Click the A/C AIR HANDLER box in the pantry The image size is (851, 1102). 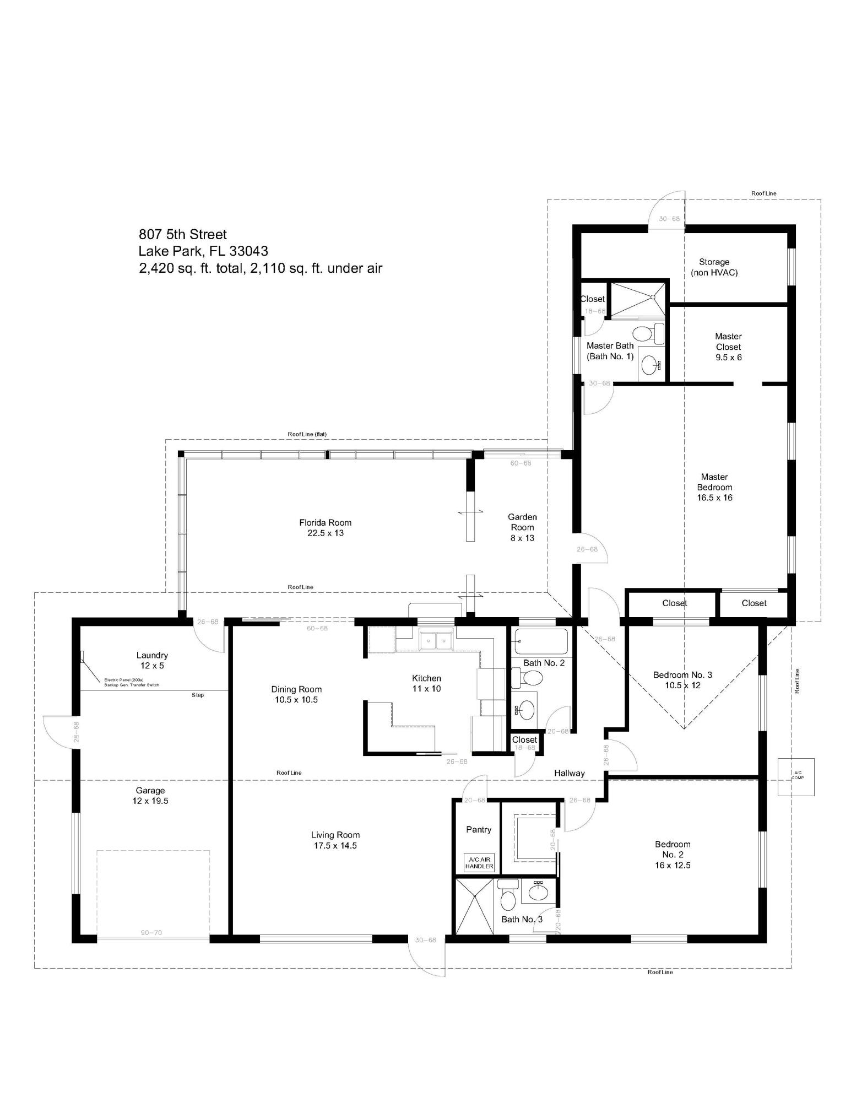479,863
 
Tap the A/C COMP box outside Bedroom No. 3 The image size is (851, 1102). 795,777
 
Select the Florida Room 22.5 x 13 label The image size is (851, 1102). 325,528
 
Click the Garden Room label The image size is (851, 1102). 522,527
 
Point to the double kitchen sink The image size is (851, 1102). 435,641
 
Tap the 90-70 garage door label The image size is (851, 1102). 151,933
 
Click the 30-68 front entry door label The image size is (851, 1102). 425,940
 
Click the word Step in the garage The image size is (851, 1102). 198,695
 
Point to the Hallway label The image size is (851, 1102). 569,773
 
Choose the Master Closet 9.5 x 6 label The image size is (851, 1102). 728,347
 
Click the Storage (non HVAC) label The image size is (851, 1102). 714,267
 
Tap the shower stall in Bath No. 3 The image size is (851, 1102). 473,906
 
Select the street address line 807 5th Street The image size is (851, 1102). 182,235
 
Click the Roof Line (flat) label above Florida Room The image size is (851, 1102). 307,434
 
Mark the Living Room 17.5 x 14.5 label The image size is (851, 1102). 335,840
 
